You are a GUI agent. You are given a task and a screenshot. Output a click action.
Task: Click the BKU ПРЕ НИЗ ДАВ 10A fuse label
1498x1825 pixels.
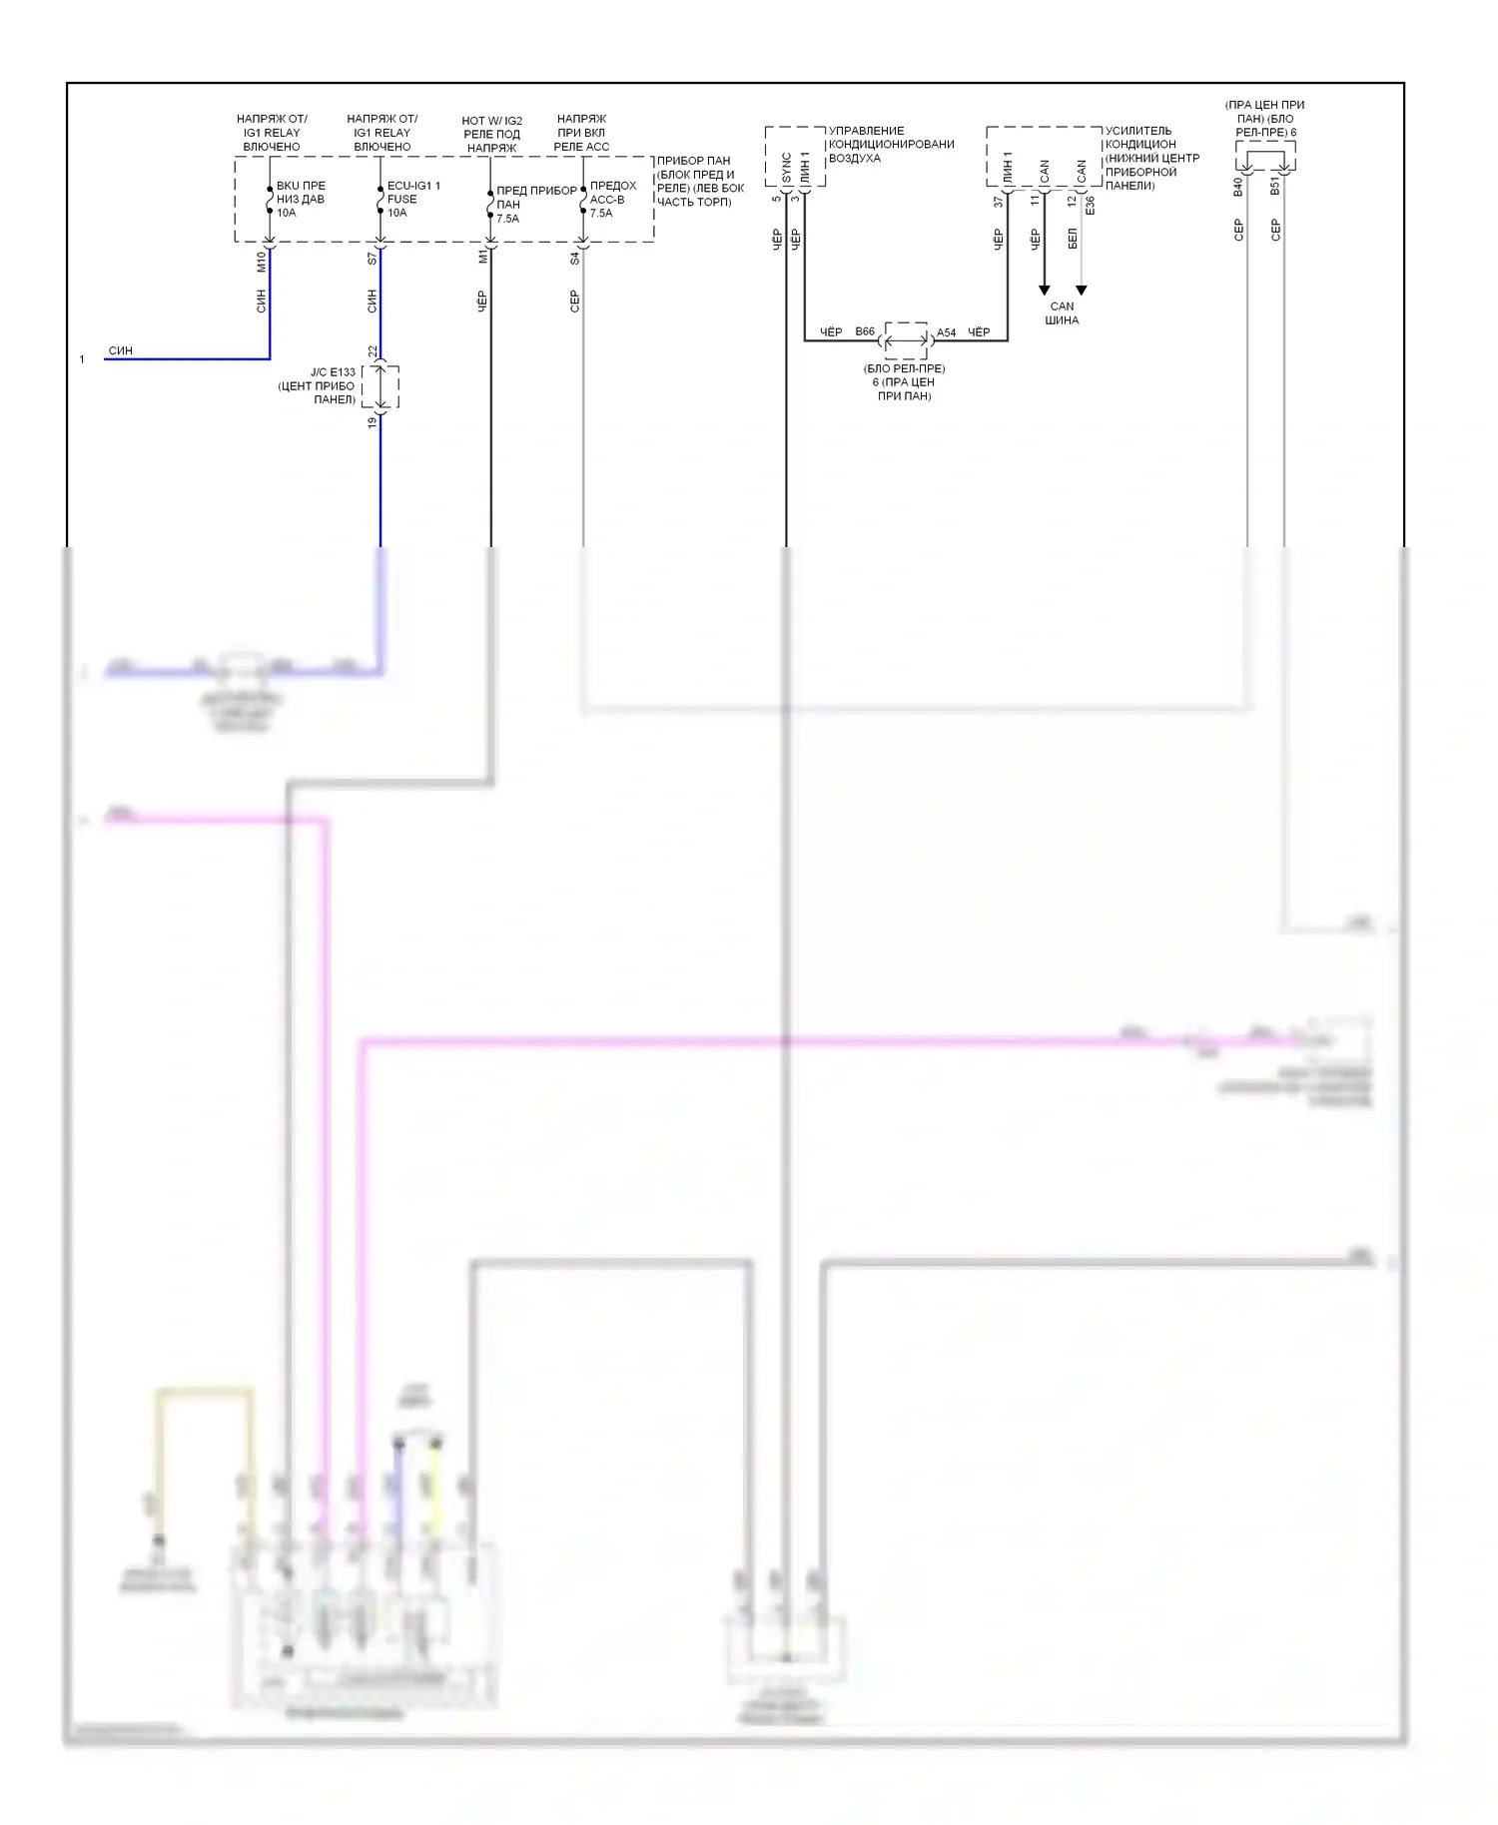point(300,199)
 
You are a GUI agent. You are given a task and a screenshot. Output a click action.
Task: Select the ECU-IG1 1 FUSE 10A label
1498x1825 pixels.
point(412,199)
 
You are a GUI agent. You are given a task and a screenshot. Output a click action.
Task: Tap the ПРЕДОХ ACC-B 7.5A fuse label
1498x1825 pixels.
point(612,199)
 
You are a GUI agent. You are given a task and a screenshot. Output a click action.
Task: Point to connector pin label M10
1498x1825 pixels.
point(262,262)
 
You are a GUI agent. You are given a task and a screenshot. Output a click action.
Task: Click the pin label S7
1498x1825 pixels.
point(373,258)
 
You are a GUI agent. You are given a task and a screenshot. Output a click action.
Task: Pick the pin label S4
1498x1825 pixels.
point(575,258)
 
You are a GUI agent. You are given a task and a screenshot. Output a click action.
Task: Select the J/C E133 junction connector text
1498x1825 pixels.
point(332,372)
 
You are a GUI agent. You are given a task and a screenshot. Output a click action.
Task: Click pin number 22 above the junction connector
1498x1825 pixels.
point(373,351)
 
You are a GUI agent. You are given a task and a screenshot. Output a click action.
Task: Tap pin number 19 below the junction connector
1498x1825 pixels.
point(373,422)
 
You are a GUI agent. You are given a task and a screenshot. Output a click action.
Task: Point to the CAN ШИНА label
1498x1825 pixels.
point(1062,313)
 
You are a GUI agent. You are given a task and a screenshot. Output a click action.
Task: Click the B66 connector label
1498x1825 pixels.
point(865,331)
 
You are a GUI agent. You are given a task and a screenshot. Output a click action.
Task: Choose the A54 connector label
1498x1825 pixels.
point(946,332)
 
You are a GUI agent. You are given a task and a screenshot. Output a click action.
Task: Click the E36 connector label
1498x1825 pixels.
point(1091,205)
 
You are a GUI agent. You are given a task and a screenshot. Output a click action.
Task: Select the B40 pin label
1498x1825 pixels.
point(1238,187)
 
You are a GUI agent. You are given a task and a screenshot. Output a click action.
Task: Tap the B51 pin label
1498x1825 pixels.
point(1275,187)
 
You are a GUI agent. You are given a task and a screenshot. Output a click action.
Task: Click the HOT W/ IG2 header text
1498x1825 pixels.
point(491,121)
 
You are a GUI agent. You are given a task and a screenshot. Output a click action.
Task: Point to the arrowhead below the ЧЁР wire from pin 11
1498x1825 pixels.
point(1045,291)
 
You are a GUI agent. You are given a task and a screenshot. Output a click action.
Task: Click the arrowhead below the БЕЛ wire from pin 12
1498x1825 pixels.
point(1081,291)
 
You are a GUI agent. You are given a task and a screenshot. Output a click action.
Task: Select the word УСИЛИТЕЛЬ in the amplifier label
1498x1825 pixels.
point(1138,131)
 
